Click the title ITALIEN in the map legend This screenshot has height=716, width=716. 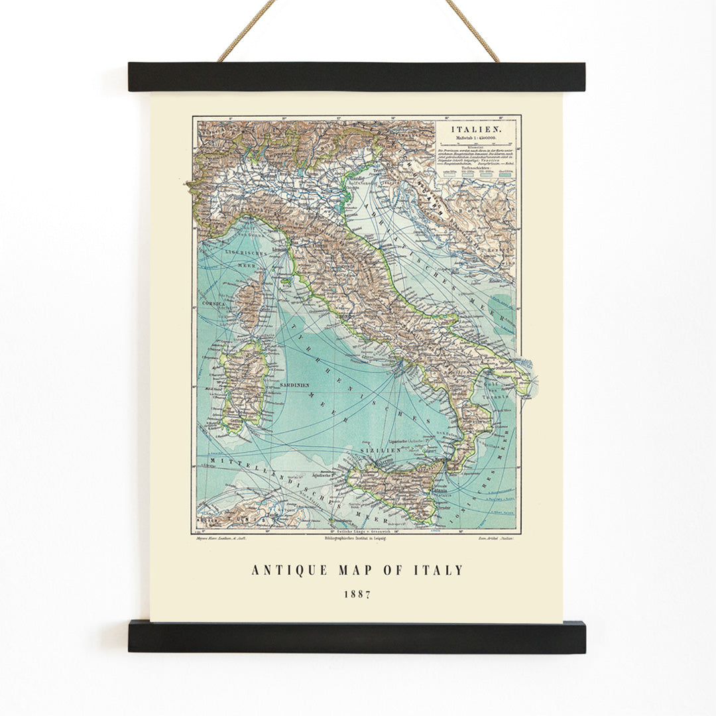point(476,129)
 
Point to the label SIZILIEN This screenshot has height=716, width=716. point(379,449)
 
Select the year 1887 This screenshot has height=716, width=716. point(357,594)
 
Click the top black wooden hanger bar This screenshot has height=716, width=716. point(357,77)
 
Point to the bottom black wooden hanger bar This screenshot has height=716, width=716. point(357,636)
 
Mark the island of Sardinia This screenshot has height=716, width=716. point(244,385)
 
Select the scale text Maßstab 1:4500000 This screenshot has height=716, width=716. point(475,139)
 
